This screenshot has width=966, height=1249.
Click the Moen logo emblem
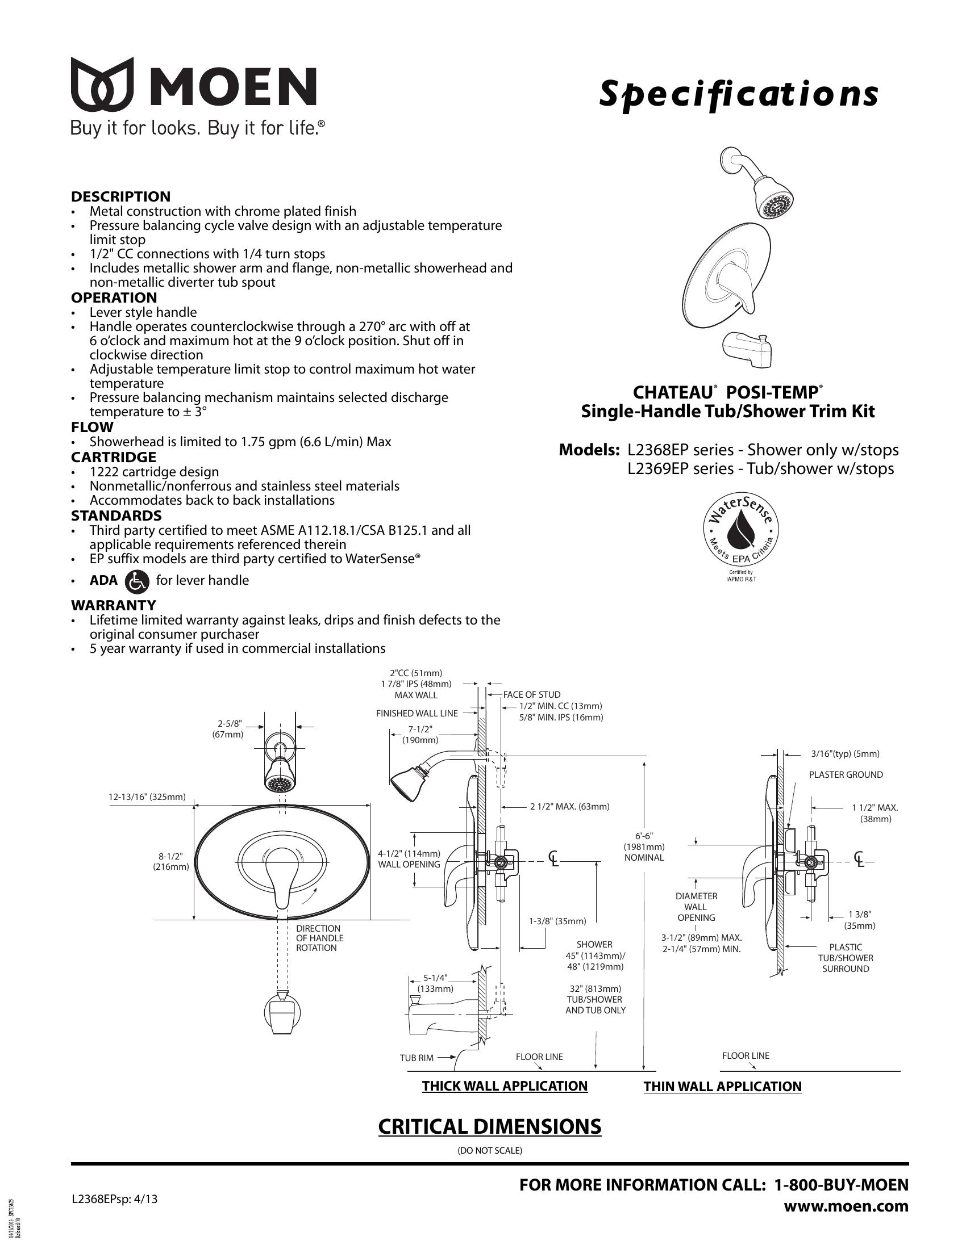point(102,84)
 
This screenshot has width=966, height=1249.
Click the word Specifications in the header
point(738,94)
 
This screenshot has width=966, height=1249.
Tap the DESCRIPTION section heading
point(120,196)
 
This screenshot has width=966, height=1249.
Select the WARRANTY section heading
point(113,605)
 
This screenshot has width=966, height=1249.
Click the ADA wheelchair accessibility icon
point(136,580)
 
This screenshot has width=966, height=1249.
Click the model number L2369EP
point(656,469)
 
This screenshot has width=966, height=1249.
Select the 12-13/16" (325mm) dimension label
point(147,797)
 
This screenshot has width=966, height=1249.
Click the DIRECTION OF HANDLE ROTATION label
point(319,938)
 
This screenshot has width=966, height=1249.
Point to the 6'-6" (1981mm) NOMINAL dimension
point(644,846)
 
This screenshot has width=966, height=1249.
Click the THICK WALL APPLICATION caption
point(505,1086)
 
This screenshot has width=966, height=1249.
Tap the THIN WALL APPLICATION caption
point(722,1087)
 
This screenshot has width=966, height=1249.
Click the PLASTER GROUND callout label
point(846,775)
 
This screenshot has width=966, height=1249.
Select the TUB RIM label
point(417,1058)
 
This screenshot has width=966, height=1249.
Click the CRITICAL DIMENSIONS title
point(490,1126)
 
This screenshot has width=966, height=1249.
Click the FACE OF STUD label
point(532,695)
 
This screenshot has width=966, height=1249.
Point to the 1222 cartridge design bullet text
point(154,472)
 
